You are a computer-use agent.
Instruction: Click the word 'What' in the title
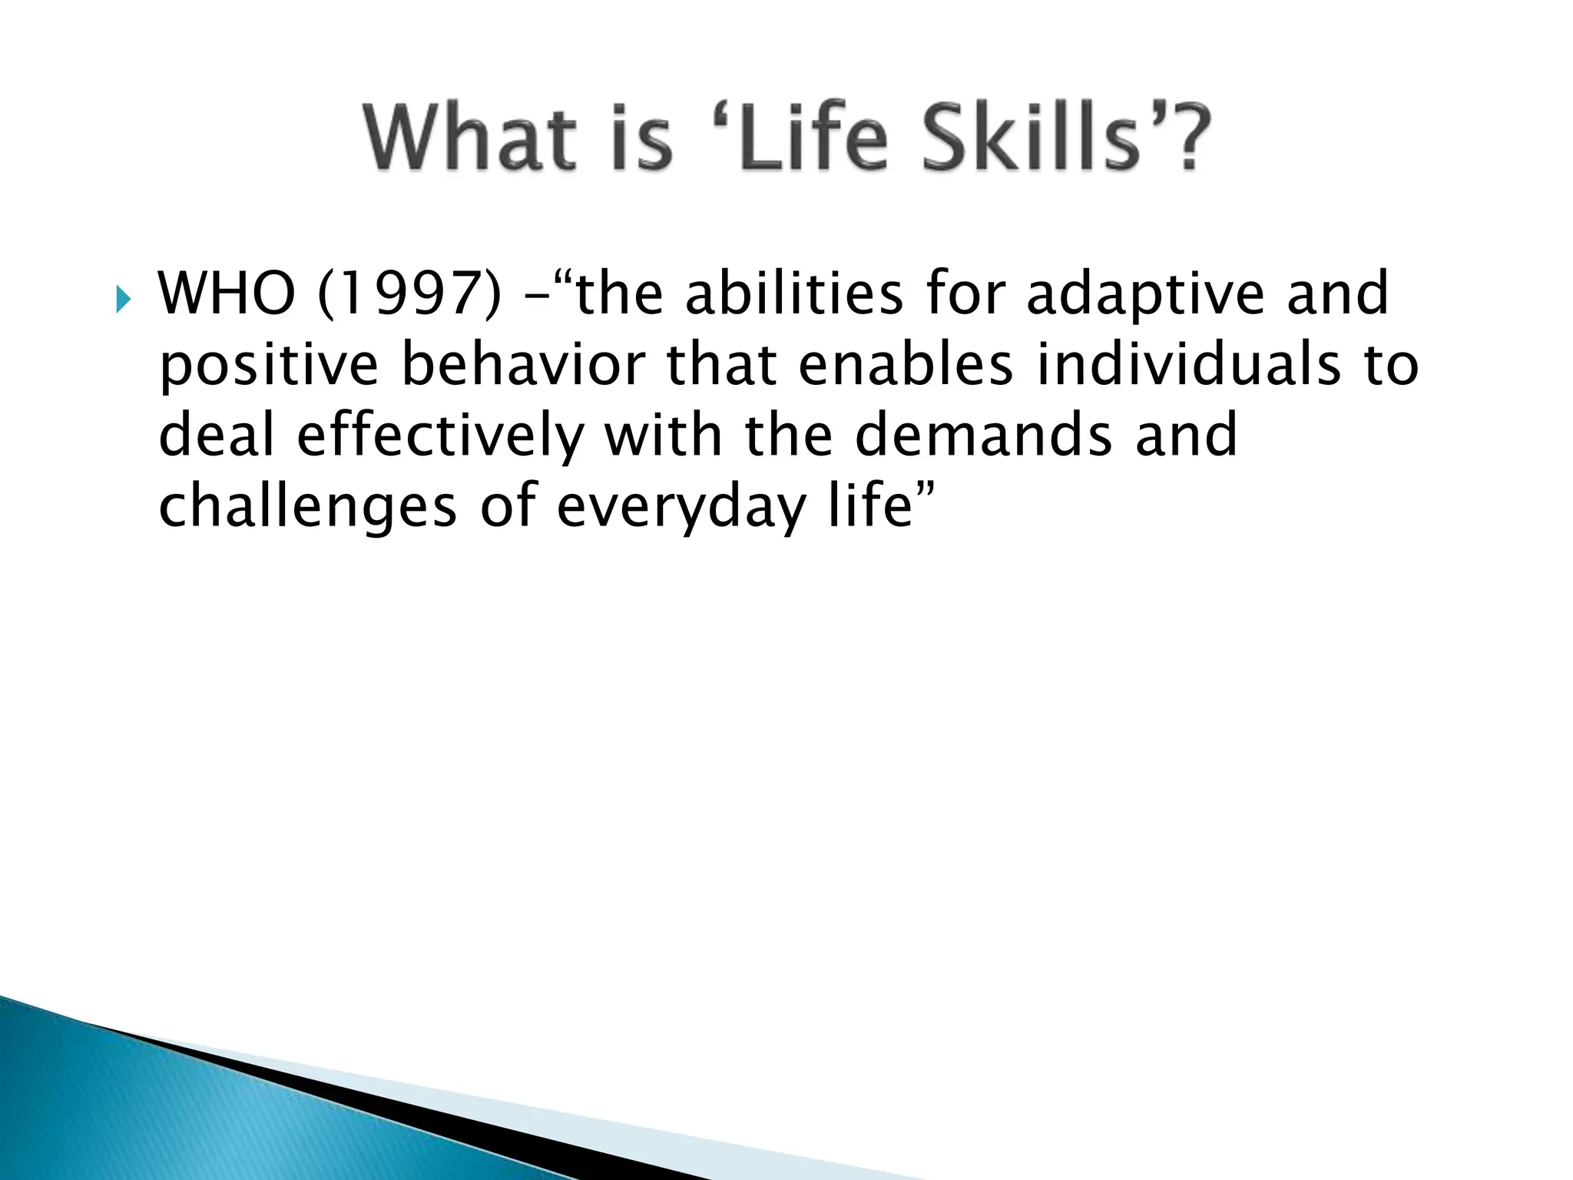[470, 138]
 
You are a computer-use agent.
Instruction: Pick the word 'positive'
[268, 366]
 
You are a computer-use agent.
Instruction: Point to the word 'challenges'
[307, 507]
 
